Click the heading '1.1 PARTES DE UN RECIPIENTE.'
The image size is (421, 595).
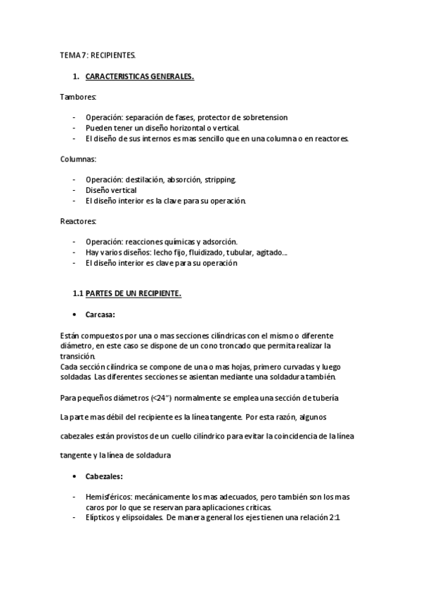(127, 293)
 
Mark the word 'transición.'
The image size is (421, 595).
(78, 356)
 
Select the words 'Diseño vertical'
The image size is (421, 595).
(111, 190)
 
